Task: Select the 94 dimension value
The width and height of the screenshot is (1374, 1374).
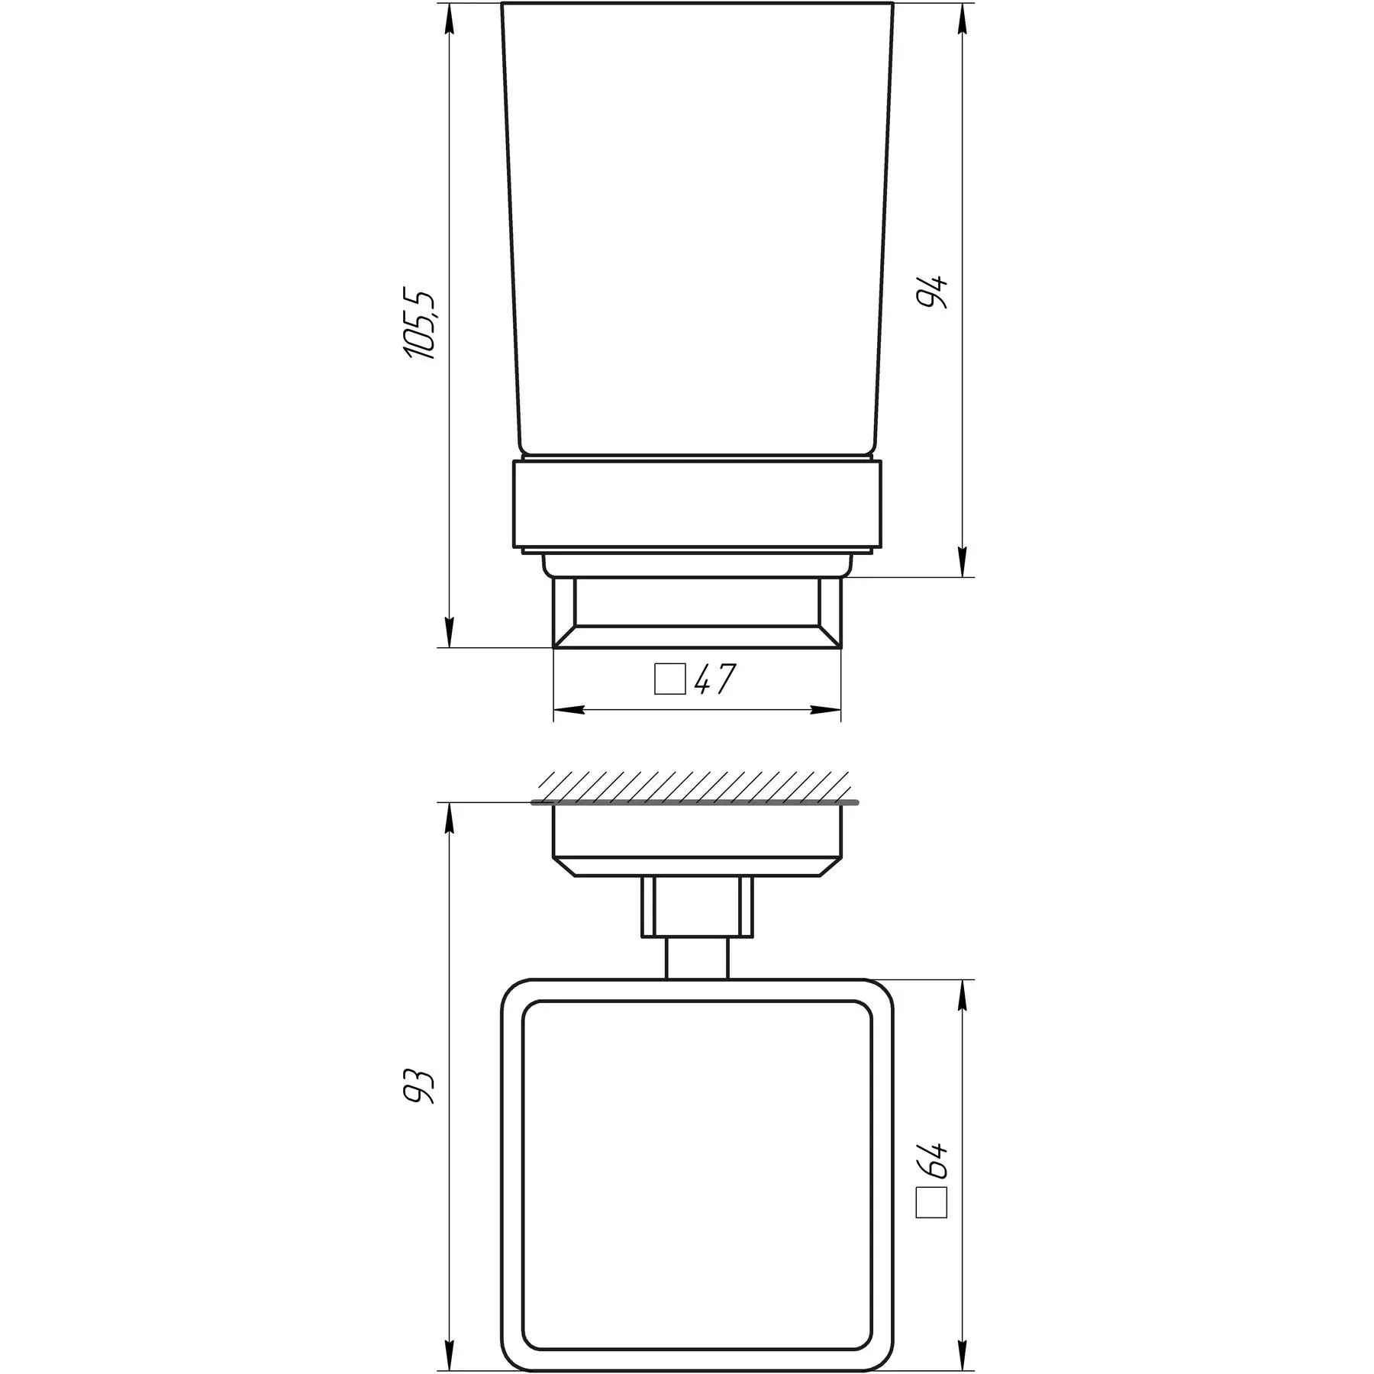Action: [x=933, y=290]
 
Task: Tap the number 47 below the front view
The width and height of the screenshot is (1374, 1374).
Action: [x=715, y=679]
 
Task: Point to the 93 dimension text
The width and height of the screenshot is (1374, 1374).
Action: [x=420, y=1085]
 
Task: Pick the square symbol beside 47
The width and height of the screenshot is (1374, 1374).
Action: [x=669, y=679]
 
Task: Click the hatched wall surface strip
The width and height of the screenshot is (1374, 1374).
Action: [x=695, y=787]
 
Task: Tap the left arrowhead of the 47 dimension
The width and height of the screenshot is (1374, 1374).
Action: [x=569, y=710]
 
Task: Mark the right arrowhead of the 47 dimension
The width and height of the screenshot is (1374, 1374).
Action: [x=825, y=710]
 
